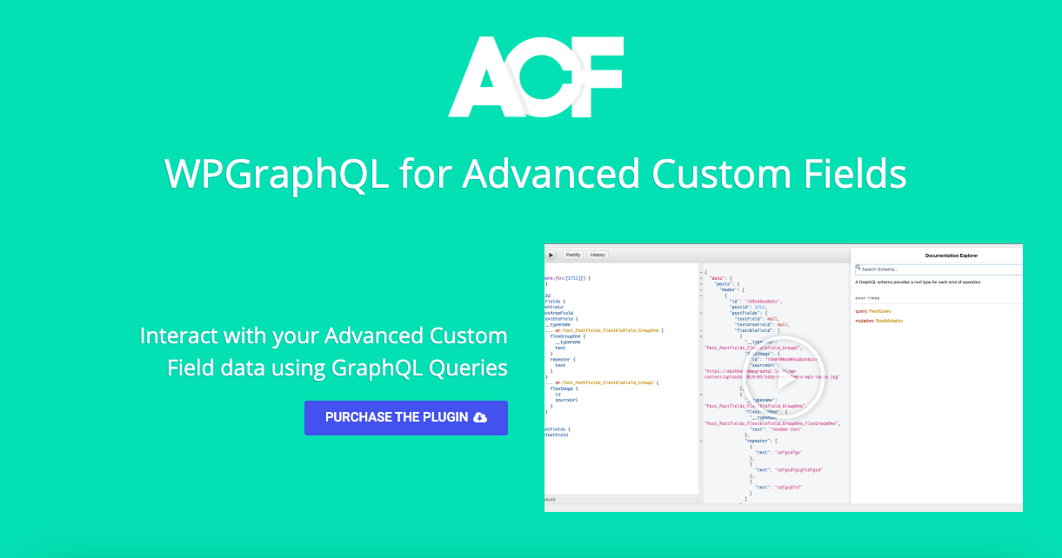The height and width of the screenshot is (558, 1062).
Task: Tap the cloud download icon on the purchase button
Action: click(480, 417)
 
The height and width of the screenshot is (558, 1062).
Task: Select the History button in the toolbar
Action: click(598, 255)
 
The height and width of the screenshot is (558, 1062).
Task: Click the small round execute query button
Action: click(551, 255)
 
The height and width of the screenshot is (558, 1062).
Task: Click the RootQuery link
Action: click(879, 310)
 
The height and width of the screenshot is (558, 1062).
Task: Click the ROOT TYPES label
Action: click(867, 298)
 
